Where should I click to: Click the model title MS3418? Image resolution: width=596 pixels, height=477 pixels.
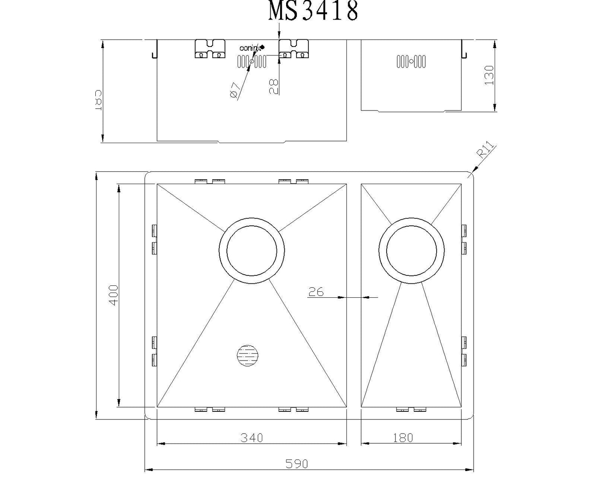click(x=313, y=11)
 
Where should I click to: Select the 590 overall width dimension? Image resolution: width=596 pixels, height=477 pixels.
click(x=296, y=463)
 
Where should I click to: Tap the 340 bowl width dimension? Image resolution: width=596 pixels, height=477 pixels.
click(x=252, y=438)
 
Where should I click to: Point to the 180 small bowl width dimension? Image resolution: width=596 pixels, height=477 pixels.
click(x=403, y=438)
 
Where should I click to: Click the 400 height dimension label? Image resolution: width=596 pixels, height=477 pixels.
click(x=114, y=295)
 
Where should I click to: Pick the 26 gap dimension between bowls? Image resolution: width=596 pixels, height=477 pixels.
click(x=316, y=292)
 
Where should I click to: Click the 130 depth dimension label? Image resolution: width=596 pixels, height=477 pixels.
click(x=489, y=75)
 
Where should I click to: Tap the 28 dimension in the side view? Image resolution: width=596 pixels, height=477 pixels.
click(x=273, y=87)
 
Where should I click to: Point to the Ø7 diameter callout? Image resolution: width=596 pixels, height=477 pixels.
click(x=234, y=90)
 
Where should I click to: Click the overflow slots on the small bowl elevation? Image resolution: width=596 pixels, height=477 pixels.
click(x=411, y=61)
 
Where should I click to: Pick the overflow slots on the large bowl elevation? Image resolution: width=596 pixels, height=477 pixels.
click(x=252, y=62)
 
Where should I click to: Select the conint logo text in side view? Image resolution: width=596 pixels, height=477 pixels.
click(x=250, y=48)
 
